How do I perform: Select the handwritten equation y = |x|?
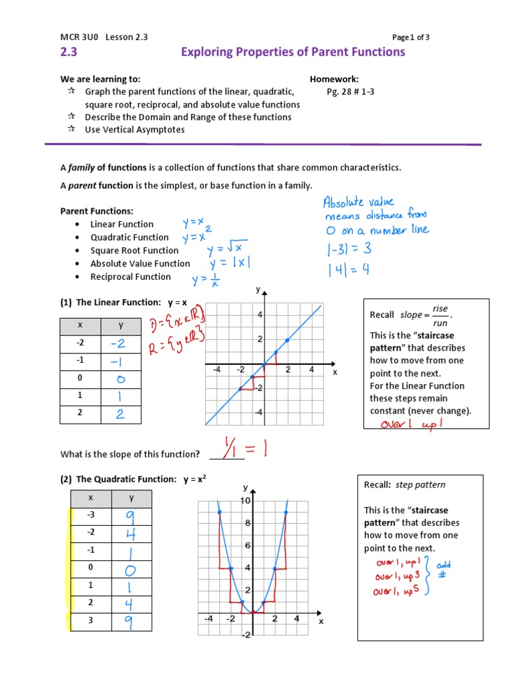point(228,263)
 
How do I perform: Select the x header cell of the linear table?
point(80,325)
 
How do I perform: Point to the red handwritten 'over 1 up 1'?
point(411,424)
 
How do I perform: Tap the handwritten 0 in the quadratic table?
point(130,570)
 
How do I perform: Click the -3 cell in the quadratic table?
point(91,516)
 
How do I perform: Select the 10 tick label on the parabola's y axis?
point(245,500)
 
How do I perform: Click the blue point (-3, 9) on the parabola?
point(220,512)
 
